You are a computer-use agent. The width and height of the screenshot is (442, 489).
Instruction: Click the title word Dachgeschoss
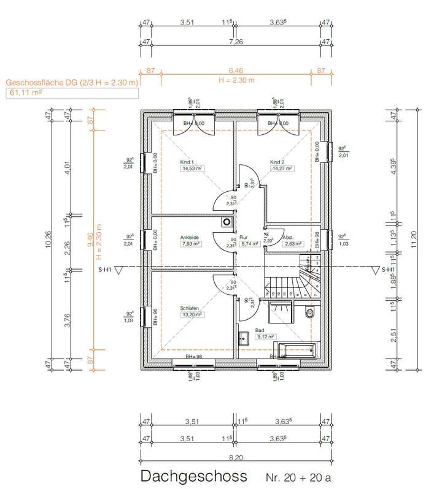tap(193, 476)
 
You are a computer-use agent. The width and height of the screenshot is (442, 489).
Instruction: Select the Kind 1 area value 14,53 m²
tap(192, 169)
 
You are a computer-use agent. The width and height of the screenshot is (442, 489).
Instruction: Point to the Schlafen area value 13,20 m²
tap(192, 314)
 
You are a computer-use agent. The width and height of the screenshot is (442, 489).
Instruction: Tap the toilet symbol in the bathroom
tap(309, 313)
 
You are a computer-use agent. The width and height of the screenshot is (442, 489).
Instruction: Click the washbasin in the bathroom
tap(244, 336)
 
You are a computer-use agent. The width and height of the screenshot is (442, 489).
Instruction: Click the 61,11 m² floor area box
tap(71, 93)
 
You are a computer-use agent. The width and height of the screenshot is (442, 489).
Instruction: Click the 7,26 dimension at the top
tap(235, 42)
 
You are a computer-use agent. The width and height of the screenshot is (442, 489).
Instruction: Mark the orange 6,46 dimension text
tap(235, 72)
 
